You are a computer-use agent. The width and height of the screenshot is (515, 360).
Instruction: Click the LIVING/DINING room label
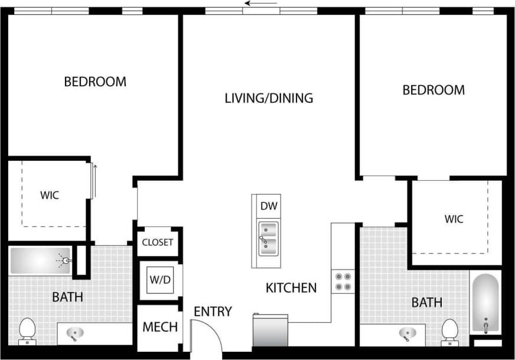coord(269,98)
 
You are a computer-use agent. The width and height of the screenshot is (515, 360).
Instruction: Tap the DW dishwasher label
coord(269,206)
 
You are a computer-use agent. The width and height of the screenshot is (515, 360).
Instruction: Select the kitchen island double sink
coord(269,239)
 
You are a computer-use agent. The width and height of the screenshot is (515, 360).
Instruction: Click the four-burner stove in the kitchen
coord(343,281)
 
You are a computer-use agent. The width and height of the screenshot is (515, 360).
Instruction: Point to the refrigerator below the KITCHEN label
coord(270,332)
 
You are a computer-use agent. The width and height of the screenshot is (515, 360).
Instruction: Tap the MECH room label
coord(160,327)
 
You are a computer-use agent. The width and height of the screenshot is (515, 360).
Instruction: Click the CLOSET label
coord(158,242)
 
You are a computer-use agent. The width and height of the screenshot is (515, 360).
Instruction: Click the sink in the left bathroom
coord(74,334)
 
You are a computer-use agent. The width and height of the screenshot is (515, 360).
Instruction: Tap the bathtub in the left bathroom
coord(40,260)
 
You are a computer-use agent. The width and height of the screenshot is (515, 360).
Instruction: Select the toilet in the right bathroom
coord(450,331)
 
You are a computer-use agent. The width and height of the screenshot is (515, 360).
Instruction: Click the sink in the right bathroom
coord(408,335)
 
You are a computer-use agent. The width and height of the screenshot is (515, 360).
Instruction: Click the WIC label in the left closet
coord(50,195)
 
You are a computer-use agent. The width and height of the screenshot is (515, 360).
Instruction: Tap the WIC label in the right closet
coord(454,219)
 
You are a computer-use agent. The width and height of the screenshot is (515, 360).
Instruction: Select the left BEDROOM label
coord(95,82)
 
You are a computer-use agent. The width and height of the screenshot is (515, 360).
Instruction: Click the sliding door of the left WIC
coord(92,181)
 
